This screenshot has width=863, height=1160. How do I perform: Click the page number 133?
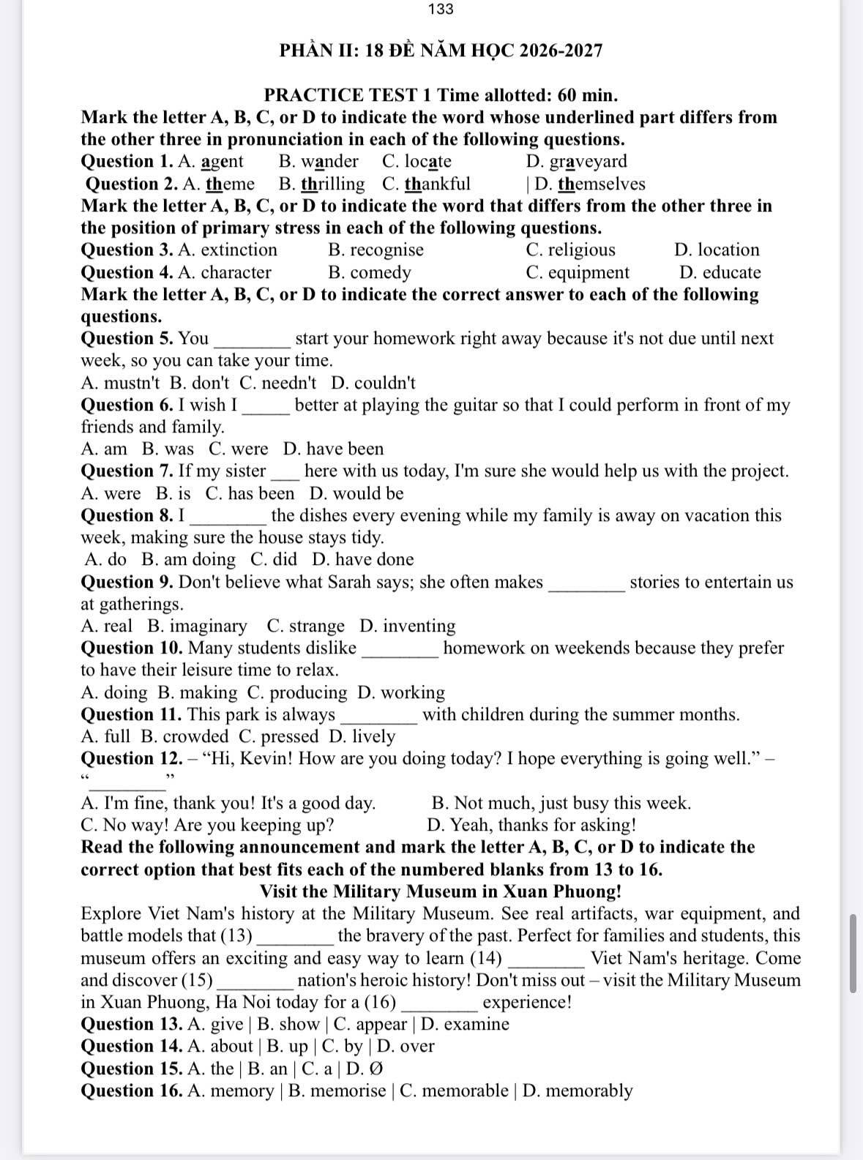pyautogui.click(x=441, y=10)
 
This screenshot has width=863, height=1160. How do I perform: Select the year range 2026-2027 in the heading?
pyautogui.click(x=558, y=50)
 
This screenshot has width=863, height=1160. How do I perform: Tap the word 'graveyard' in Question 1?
pyautogui.click(x=588, y=162)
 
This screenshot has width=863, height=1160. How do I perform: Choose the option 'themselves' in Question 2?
pyautogui.click(x=601, y=184)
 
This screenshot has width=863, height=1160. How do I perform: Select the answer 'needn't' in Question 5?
pyautogui.click(x=288, y=383)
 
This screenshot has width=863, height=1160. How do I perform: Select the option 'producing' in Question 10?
pyautogui.click(x=308, y=692)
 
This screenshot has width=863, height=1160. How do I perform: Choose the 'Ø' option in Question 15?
pyautogui.click(x=375, y=1069)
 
